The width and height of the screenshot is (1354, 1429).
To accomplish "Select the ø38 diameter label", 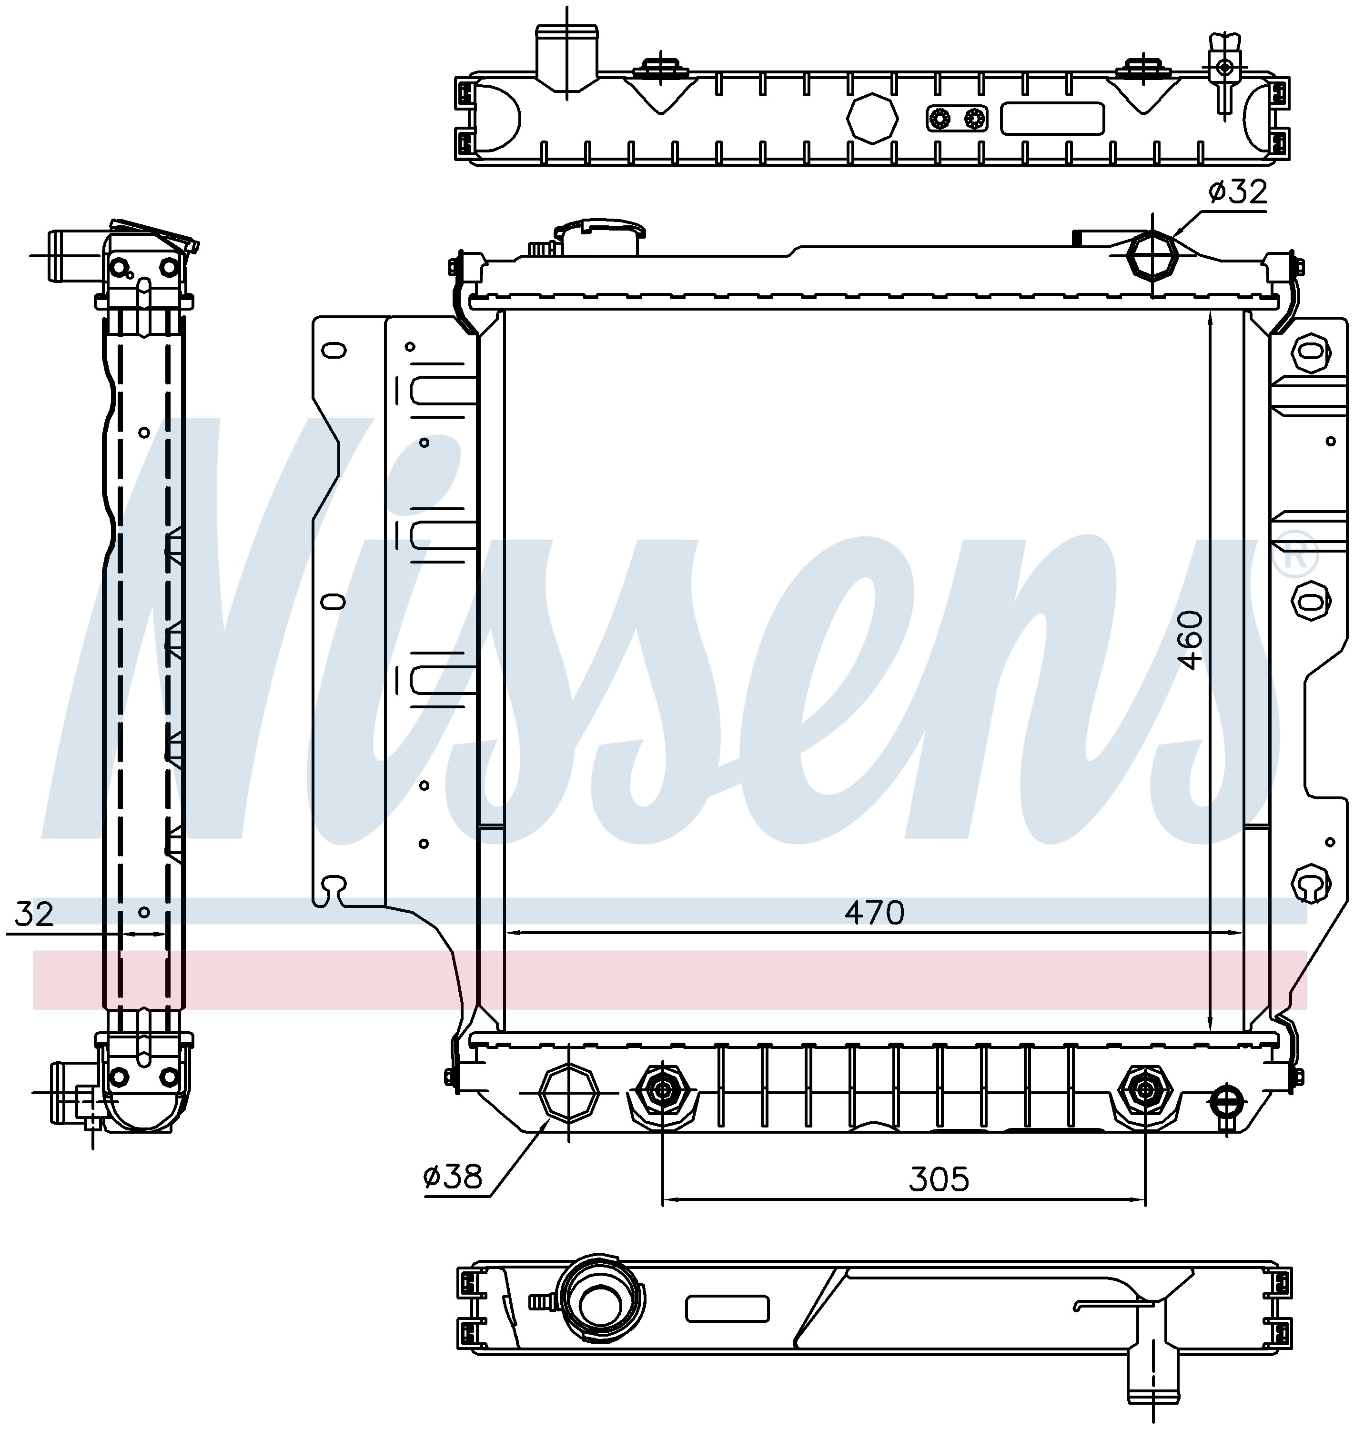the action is (453, 1177).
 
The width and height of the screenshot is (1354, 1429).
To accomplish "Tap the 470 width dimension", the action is (874, 913).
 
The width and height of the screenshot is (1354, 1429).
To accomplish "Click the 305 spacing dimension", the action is (938, 1179).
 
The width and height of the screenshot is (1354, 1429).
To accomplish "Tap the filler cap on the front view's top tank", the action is (599, 236).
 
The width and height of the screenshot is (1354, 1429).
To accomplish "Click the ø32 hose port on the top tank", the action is (1152, 256).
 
